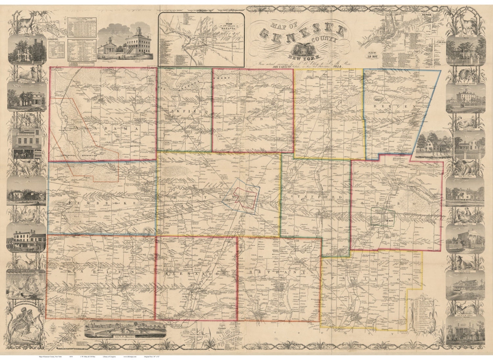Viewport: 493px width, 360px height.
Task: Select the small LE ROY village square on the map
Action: click(383, 216)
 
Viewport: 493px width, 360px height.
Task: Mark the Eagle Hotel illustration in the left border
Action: click(26, 240)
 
